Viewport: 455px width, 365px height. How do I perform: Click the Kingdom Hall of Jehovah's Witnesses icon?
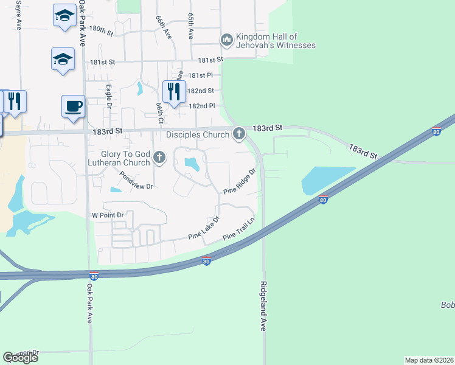click(227, 40)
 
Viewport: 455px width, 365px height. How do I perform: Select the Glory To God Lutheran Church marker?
click(159, 158)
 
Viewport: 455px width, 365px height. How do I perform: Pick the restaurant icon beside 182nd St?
click(175, 92)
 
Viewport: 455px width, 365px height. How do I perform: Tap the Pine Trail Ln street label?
click(238, 228)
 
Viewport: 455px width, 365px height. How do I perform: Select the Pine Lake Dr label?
click(203, 227)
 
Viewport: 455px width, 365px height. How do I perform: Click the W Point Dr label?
click(108, 215)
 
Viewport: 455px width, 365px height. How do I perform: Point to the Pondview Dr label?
click(136, 181)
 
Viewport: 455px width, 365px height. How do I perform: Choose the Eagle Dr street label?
click(109, 96)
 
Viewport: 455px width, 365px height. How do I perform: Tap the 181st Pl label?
click(200, 75)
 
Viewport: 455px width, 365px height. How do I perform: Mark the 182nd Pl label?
click(202, 106)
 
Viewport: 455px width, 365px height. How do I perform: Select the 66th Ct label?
click(159, 113)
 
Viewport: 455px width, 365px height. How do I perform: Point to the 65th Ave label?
click(190, 28)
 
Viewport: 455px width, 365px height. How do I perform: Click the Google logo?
click(20, 358)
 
